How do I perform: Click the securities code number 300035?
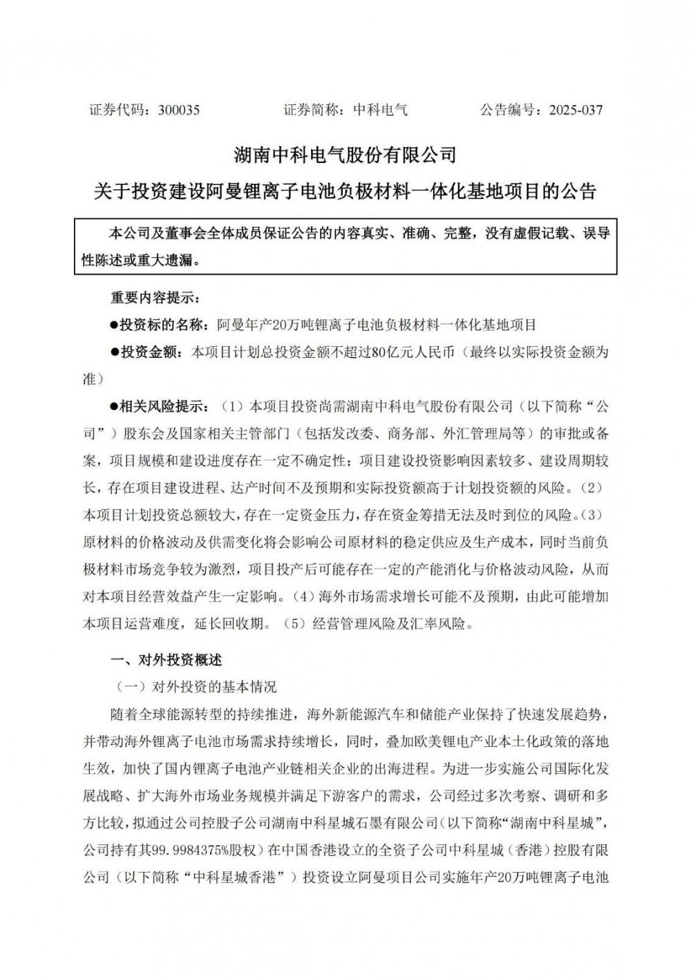tap(179, 110)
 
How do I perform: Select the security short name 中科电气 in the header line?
tap(381, 110)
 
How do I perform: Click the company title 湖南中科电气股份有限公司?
tap(345, 154)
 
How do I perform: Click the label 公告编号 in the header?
tap(507, 110)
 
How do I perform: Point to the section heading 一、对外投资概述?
tap(167, 660)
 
